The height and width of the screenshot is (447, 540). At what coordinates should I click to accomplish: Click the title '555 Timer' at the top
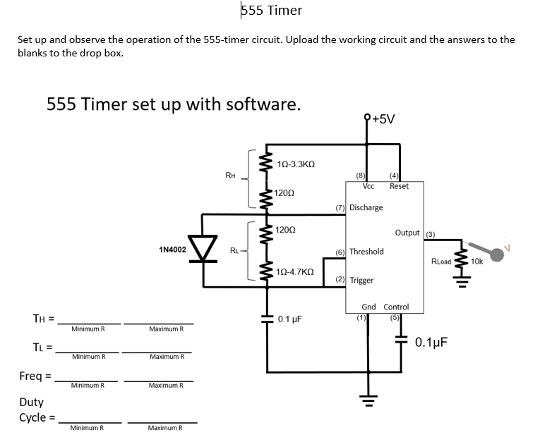pos(272,10)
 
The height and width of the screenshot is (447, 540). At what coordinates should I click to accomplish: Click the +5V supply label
pos(381,119)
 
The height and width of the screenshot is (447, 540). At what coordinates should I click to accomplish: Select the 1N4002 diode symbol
pos(205,249)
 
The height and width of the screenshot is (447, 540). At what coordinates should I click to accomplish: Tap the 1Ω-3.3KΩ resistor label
pos(296,164)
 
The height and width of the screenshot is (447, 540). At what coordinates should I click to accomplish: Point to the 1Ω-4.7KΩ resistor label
pos(296,271)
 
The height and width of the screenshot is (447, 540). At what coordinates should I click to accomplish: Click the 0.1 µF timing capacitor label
pos(289,319)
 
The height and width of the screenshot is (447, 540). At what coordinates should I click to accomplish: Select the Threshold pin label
pos(366,251)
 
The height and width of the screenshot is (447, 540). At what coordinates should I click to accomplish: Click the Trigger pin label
pos(361,280)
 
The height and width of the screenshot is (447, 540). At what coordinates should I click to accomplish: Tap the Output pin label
pos(407,233)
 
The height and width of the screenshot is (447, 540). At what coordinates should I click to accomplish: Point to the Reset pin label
pos(399,186)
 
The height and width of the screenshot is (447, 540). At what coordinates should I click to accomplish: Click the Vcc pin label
pos(368,186)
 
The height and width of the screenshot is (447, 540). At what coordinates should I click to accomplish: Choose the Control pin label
pos(396,307)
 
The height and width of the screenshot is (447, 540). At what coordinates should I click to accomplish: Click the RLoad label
pos(441,261)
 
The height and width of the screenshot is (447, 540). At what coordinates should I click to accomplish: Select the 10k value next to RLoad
pos(476,261)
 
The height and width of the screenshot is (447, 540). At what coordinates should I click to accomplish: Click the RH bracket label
pos(230,175)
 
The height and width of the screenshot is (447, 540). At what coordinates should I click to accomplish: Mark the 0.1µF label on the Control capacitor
pos(431,343)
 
